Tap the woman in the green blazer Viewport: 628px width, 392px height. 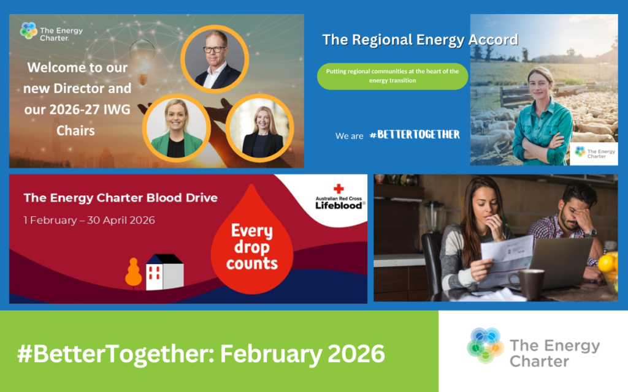pos(176,128)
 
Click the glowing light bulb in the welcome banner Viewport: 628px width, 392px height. pos(142,60)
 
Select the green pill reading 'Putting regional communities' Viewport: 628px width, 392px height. pos(392,76)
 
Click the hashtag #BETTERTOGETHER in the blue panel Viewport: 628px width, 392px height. pos(415,135)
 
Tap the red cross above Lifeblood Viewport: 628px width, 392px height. pos(339,189)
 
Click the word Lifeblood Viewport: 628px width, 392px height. pos(339,206)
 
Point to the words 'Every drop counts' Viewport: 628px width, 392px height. pos(251,247)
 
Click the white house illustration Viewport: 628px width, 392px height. pos(164,271)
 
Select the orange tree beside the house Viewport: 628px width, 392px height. pos(133,273)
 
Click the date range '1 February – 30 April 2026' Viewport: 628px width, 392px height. pos(89,221)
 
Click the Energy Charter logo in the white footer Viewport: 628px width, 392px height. pos(534,346)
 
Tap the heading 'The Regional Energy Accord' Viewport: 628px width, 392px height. pos(420,40)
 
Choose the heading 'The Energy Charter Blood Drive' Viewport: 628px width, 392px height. pos(121,198)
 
